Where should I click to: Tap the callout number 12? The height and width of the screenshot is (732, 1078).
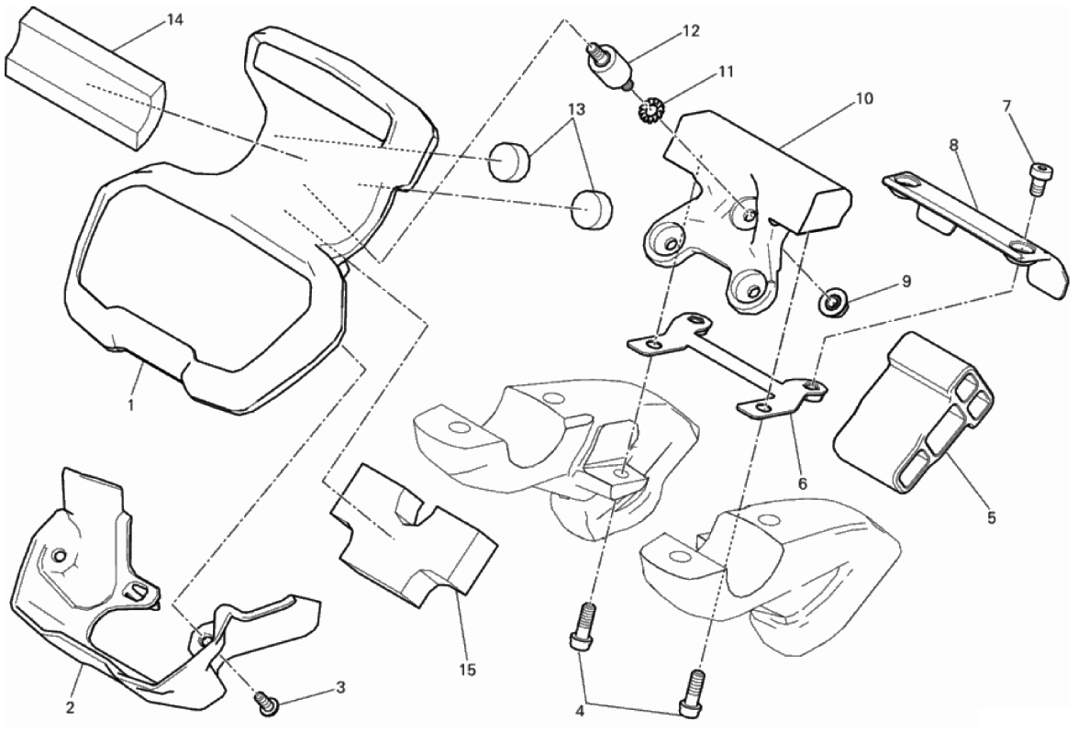(691, 31)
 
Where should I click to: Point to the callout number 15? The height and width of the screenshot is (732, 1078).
(468, 671)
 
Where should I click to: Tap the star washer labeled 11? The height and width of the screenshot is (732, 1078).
(650, 115)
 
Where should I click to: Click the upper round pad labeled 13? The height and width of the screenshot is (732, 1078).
(508, 162)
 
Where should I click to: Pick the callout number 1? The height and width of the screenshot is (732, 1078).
(131, 404)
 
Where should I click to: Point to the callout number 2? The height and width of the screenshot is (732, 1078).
(70, 707)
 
